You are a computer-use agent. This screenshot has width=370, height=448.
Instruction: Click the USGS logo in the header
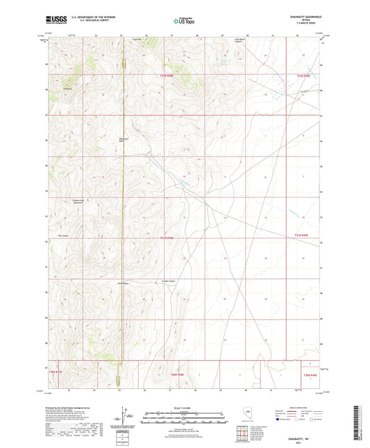coord(51,21)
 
